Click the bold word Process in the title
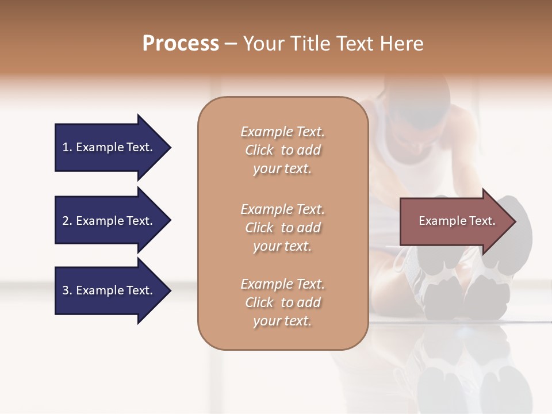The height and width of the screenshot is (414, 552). pyautogui.click(x=181, y=44)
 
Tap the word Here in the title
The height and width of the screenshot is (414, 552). pyautogui.click(x=400, y=44)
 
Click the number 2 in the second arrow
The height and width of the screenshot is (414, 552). pyautogui.click(x=66, y=221)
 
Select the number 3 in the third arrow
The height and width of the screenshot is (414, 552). pyautogui.click(x=66, y=290)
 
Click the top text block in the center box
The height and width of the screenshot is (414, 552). pyautogui.click(x=282, y=150)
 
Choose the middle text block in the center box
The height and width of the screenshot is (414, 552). pyautogui.click(x=282, y=228)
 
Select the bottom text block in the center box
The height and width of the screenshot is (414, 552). pyautogui.click(x=282, y=302)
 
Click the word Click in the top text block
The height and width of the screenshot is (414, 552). pyautogui.click(x=259, y=150)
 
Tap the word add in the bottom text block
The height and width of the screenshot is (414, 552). pyautogui.click(x=309, y=302)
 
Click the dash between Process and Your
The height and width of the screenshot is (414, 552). pyautogui.click(x=231, y=44)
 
